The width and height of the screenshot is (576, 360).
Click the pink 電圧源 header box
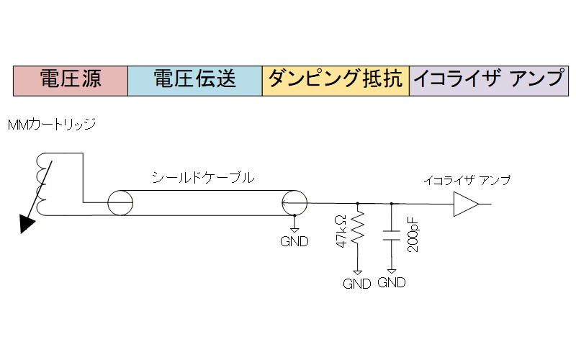point(71,81)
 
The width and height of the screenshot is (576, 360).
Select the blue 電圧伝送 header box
point(195,81)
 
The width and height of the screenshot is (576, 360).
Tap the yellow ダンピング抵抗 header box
point(336,81)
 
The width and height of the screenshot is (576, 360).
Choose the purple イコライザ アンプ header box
point(489,81)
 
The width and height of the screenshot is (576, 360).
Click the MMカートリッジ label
point(51,125)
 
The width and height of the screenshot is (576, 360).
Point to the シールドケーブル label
point(203,178)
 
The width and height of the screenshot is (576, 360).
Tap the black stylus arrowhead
point(27,224)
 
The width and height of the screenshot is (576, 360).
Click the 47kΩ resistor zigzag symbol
point(357,228)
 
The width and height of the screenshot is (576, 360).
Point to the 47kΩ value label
point(341,231)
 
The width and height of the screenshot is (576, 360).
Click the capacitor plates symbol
point(392,235)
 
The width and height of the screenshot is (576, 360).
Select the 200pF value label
point(413,235)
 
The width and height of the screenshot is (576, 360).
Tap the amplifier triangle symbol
point(467,204)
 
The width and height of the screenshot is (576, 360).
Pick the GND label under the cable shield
point(294,241)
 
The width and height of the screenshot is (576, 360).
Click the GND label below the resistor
point(356,284)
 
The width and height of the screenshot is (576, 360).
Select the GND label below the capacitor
point(392,282)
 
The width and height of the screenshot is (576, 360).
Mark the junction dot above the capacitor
point(392,204)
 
